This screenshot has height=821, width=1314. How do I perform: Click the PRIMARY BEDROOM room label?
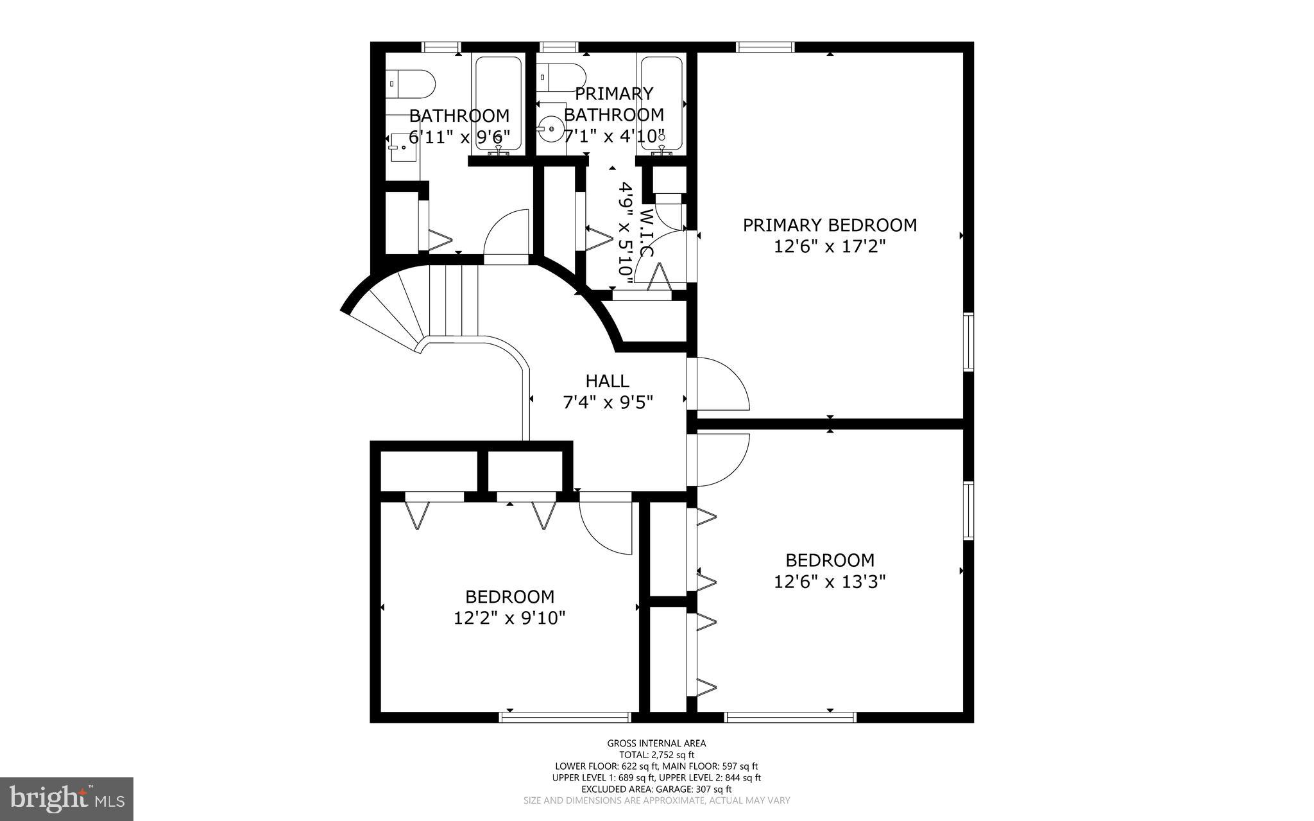click(x=830, y=225)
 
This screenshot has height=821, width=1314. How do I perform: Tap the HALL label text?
click(x=607, y=381)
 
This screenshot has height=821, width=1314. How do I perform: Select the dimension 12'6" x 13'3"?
click(x=830, y=582)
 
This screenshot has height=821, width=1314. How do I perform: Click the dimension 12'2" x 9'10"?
click(x=509, y=618)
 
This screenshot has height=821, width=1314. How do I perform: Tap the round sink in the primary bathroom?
click(x=550, y=130)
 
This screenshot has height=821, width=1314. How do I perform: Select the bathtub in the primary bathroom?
click(x=661, y=105)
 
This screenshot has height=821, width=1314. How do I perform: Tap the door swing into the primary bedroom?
click(x=719, y=385)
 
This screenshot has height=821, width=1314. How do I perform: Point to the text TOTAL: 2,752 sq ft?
click(x=656, y=755)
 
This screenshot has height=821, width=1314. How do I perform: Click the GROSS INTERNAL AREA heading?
click(x=656, y=743)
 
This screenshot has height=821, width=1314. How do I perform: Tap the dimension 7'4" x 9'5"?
click(x=607, y=402)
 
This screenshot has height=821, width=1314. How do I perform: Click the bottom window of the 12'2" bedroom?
click(x=565, y=717)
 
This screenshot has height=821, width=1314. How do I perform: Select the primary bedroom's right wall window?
click(x=968, y=341)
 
